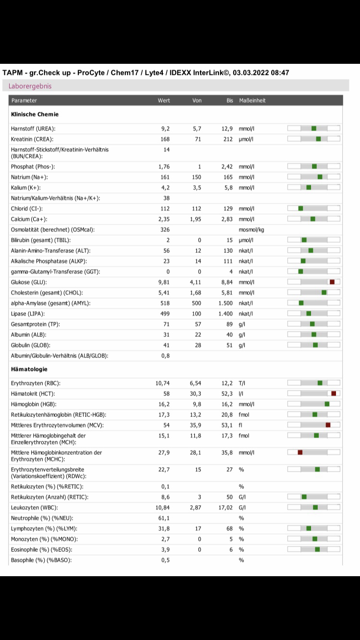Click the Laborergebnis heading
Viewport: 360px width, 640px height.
(x=30, y=86)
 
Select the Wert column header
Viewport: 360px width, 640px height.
(x=164, y=100)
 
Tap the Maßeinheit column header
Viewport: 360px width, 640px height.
(x=252, y=100)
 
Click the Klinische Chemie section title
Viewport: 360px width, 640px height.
(x=35, y=114)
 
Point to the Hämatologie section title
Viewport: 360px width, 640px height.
(x=29, y=369)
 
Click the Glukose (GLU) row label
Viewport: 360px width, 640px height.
(x=29, y=282)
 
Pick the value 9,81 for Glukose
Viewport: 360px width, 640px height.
(x=164, y=282)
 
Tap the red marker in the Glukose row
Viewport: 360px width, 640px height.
(x=332, y=282)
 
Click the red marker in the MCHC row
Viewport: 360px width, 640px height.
(x=300, y=452)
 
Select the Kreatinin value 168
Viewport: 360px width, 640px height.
(x=165, y=139)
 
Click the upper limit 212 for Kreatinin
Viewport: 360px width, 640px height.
(x=228, y=139)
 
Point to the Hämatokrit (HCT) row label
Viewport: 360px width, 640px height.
(x=33, y=394)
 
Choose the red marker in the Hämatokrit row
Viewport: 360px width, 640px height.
(x=334, y=393)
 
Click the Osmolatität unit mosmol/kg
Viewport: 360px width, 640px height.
(x=252, y=230)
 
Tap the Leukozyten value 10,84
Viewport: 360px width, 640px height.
(x=162, y=508)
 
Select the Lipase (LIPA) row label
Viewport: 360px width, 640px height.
(x=28, y=314)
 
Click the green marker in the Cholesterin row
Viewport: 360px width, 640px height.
(x=324, y=293)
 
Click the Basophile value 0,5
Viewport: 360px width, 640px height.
(x=165, y=560)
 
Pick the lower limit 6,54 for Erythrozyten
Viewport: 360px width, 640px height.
(x=195, y=383)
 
